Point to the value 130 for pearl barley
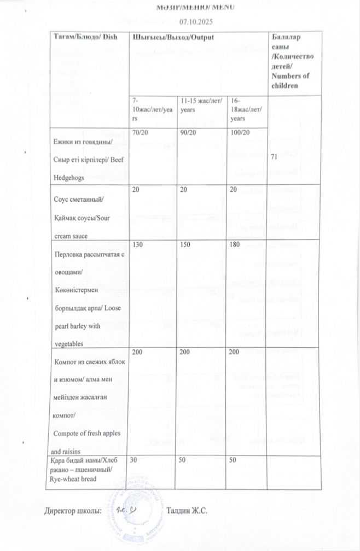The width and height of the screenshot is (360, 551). coord(137,245)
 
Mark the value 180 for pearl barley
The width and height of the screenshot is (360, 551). coord(236,245)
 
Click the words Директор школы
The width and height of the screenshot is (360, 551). coord(73,511)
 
